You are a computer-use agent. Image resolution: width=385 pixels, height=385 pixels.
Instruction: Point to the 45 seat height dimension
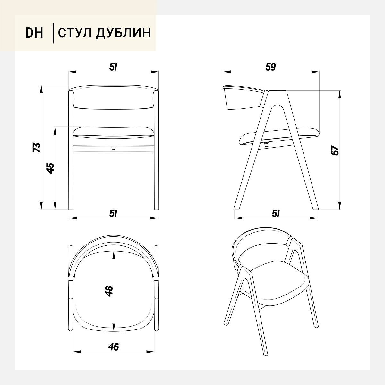[x=50, y=168]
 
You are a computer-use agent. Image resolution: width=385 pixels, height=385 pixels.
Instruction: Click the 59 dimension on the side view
[x=271, y=67]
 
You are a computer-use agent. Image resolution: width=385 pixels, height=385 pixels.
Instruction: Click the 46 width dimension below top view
[x=113, y=347]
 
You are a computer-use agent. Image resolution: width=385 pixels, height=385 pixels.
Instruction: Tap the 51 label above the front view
[x=113, y=67]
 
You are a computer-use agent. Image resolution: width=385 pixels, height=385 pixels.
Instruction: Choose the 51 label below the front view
[x=113, y=213]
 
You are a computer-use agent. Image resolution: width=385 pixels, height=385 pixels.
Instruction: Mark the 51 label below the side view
[x=276, y=213]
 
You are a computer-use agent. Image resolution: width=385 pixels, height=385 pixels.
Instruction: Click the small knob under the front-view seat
[x=113, y=148]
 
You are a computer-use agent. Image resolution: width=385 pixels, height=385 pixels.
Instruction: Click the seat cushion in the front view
[x=113, y=131]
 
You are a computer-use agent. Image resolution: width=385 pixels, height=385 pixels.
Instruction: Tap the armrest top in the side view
[x=244, y=89]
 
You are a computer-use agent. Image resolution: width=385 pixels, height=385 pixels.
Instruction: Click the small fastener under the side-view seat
[x=266, y=144]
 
